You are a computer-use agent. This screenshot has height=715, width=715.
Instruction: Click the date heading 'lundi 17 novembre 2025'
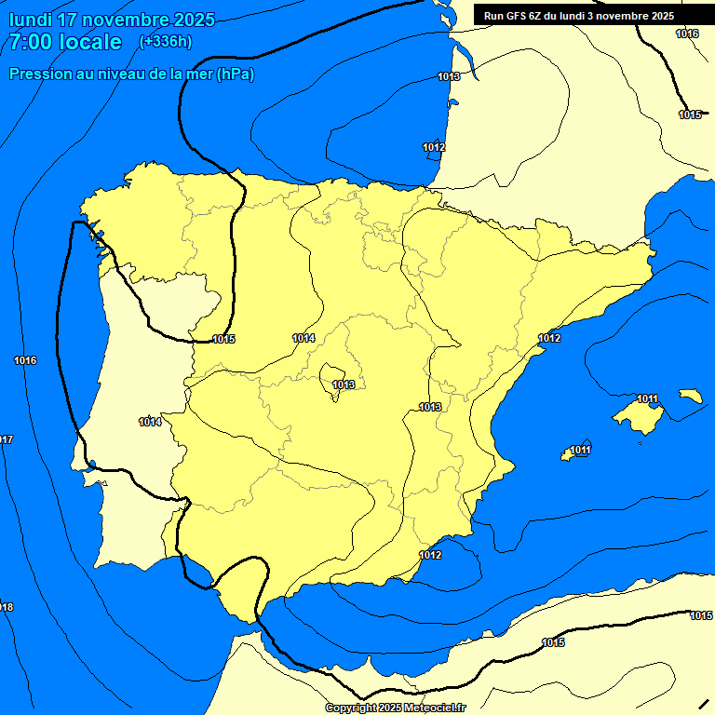[x=112, y=20]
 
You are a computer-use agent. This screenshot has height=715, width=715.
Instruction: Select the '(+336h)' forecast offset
[x=166, y=41]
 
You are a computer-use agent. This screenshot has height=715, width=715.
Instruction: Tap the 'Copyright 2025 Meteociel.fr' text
[x=395, y=708]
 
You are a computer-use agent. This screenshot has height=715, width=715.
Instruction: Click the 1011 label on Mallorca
[x=648, y=399]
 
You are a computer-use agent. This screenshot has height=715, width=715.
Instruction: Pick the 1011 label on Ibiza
[x=581, y=451]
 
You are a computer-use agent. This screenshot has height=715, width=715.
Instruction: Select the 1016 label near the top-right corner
[x=687, y=34]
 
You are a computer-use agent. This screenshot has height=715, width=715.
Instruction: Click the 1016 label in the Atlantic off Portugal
[x=25, y=360]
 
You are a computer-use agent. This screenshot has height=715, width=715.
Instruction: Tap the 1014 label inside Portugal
[x=151, y=422]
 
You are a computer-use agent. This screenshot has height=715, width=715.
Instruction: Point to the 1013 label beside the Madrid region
[x=344, y=384]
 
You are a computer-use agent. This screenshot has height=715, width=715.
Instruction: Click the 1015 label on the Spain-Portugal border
[x=223, y=339]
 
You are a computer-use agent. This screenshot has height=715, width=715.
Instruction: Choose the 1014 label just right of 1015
[x=304, y=338]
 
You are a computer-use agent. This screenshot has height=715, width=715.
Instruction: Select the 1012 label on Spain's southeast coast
[x=430, y=555]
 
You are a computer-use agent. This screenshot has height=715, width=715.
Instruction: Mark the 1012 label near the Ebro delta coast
[x=549, y=338]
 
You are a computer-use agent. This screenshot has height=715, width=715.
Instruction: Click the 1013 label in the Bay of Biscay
[x=449, y=76]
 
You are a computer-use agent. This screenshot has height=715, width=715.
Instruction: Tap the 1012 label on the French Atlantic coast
[x=434, y=147]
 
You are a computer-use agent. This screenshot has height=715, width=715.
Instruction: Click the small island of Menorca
[x=691, y=396]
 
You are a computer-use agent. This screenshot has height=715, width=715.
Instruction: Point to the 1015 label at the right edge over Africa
[x=701, y=615]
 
